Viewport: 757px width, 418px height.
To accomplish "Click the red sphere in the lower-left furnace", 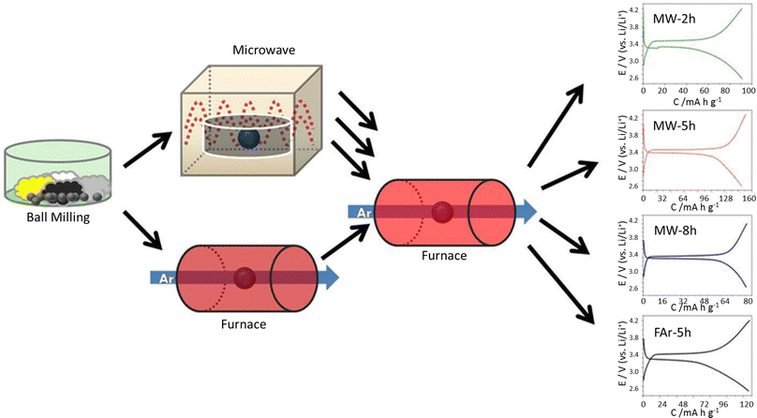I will (x=245, y=277).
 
